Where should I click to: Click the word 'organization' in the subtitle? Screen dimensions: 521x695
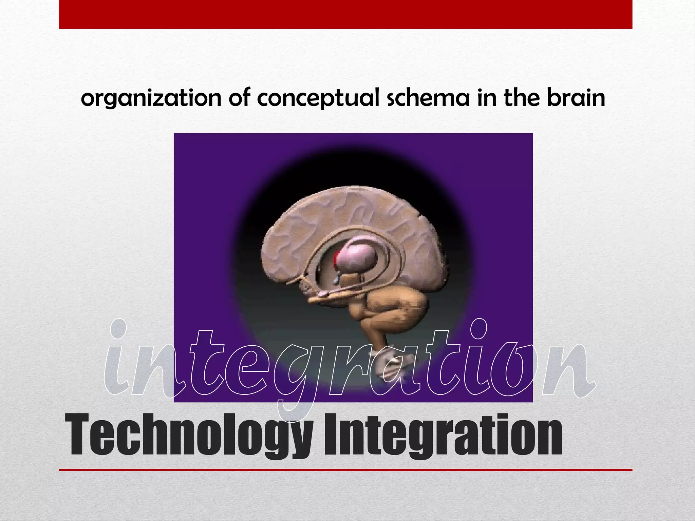coord(151,99)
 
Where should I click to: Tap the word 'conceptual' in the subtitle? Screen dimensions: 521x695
coord(318,99)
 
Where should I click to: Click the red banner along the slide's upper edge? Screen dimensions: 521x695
coord(345,14)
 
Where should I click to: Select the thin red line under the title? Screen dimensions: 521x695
coord(345,470)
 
